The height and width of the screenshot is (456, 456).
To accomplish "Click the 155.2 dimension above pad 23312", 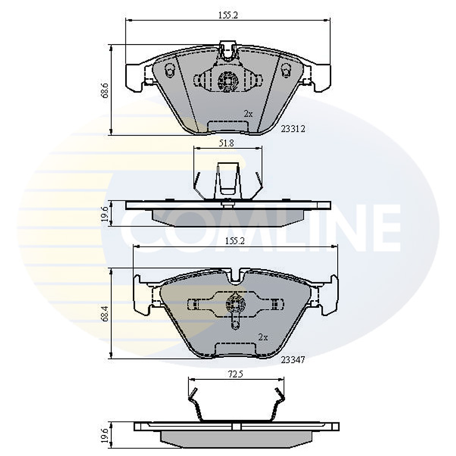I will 227,16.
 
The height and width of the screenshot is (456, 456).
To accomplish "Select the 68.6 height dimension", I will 104,90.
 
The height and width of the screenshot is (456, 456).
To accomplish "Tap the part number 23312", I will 293,129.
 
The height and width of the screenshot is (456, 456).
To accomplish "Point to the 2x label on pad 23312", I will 248,114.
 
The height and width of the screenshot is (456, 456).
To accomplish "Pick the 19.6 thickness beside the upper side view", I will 104,213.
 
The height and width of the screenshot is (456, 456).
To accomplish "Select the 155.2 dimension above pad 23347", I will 235,241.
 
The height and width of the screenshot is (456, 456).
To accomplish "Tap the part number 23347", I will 293,359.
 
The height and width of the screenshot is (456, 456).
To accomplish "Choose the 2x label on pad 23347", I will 263,337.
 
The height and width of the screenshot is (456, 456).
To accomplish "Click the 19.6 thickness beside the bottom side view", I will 104,434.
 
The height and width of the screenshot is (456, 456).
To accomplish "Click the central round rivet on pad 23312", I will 228,80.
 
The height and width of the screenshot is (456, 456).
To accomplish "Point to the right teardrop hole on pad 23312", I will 287,72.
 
